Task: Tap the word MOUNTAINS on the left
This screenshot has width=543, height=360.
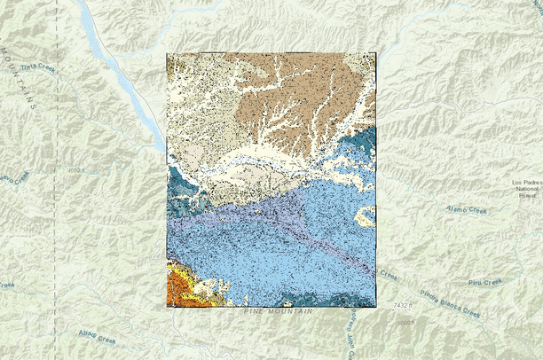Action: (20, 79)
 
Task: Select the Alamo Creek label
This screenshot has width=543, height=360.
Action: (467, 210)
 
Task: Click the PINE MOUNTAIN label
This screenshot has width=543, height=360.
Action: (269, 313)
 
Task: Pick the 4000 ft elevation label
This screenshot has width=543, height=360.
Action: (78, 168)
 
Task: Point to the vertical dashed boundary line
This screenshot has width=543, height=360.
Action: (57, 177)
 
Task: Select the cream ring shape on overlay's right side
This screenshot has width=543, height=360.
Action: (365, 215)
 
